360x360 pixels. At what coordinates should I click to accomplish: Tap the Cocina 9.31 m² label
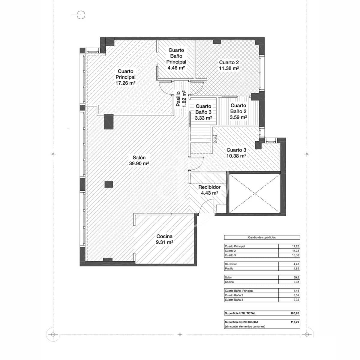coord(164,239)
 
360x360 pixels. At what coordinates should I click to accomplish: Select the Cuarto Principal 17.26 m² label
coord(125,77)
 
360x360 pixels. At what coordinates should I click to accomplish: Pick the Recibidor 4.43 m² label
coord(209,190)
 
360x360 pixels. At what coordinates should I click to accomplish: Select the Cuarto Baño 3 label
coord(203,112)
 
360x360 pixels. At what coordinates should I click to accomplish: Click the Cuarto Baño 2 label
coord(238,111)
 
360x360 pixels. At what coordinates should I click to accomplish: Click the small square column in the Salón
coord(109,184)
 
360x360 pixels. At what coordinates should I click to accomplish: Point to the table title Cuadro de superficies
coord(262,237)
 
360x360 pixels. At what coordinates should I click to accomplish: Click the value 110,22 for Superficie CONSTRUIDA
coord(295,322)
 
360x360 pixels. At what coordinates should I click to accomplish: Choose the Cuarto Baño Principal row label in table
coord(239,291)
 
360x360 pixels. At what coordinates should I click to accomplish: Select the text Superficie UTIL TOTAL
coord(240,313)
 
